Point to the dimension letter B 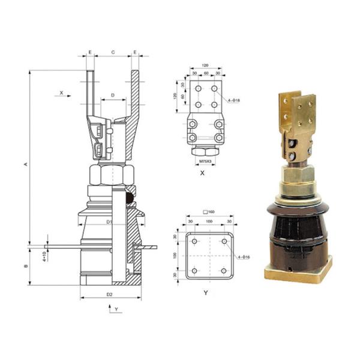click(27, 265)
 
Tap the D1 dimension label click(110, 222)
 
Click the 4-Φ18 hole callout click(232, 100)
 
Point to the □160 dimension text click(209, 211)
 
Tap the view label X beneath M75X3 click(204, 173)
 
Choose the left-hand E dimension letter click(90, 53)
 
